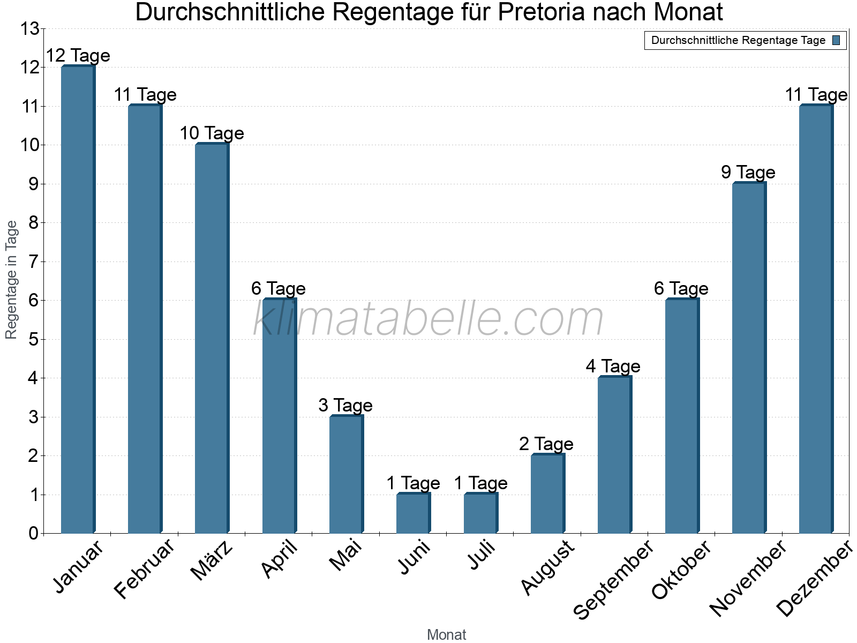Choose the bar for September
coord(614,455)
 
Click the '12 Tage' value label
coord(78,56)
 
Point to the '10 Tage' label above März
coord(212,133)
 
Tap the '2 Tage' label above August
coord(546,444)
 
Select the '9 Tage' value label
coord(748,173)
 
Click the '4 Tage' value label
coord(613,367)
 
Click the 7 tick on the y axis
coord(33,262)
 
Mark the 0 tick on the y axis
coord(33,533)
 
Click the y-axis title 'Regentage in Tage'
coord(12,280)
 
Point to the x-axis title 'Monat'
coord(446,635)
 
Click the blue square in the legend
coord(837,40)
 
